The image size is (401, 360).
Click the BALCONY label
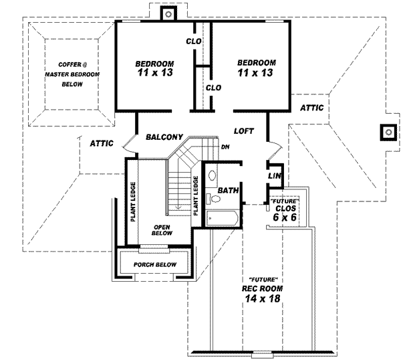164,137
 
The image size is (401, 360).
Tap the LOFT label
245,130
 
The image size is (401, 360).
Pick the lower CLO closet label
213,88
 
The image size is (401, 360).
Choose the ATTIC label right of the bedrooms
311,107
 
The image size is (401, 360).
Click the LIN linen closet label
273,175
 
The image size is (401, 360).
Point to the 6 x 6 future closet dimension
284,217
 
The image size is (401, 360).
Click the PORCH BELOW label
154,264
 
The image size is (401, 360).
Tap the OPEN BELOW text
162,230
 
